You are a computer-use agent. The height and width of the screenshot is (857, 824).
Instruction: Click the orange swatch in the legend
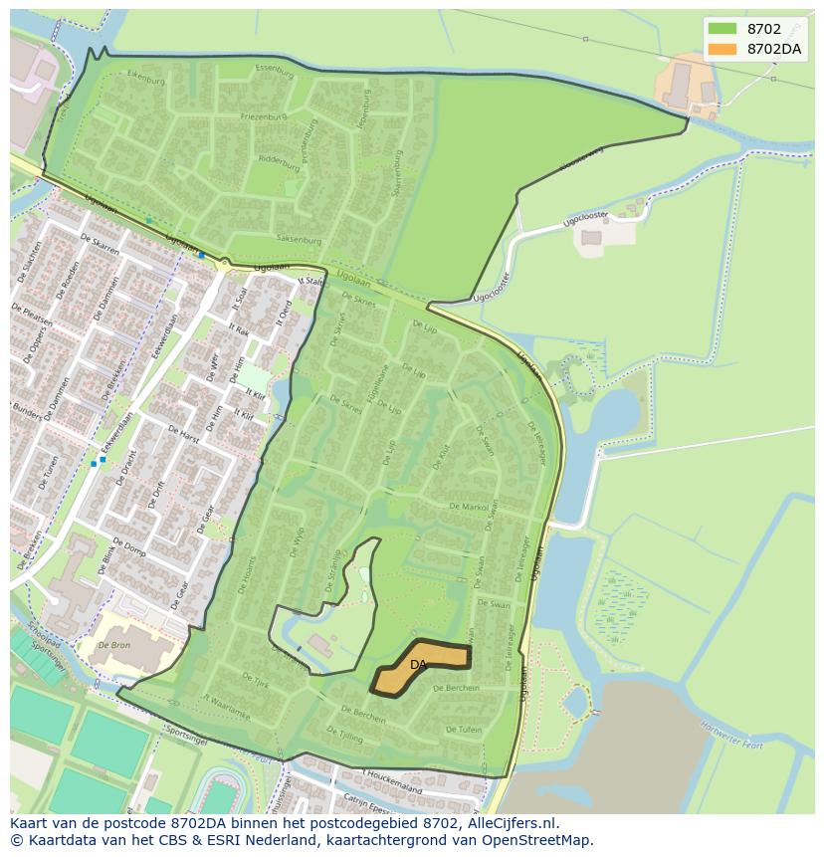(x=722, y=49)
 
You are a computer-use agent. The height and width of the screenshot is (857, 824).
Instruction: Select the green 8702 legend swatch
(x=722, y=29)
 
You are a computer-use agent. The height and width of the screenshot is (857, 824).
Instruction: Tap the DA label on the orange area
(x=418, y=664)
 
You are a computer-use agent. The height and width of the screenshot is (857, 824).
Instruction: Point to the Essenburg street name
(x=276, y=71)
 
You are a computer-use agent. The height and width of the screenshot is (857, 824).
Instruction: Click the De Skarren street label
(x=100, y=245)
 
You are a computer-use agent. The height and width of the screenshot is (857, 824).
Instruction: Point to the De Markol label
(x=469, y=507)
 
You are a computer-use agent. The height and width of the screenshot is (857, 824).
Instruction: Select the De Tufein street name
(x=464, y=730)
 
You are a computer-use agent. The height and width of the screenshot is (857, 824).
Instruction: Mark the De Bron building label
(x=115, y=645)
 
